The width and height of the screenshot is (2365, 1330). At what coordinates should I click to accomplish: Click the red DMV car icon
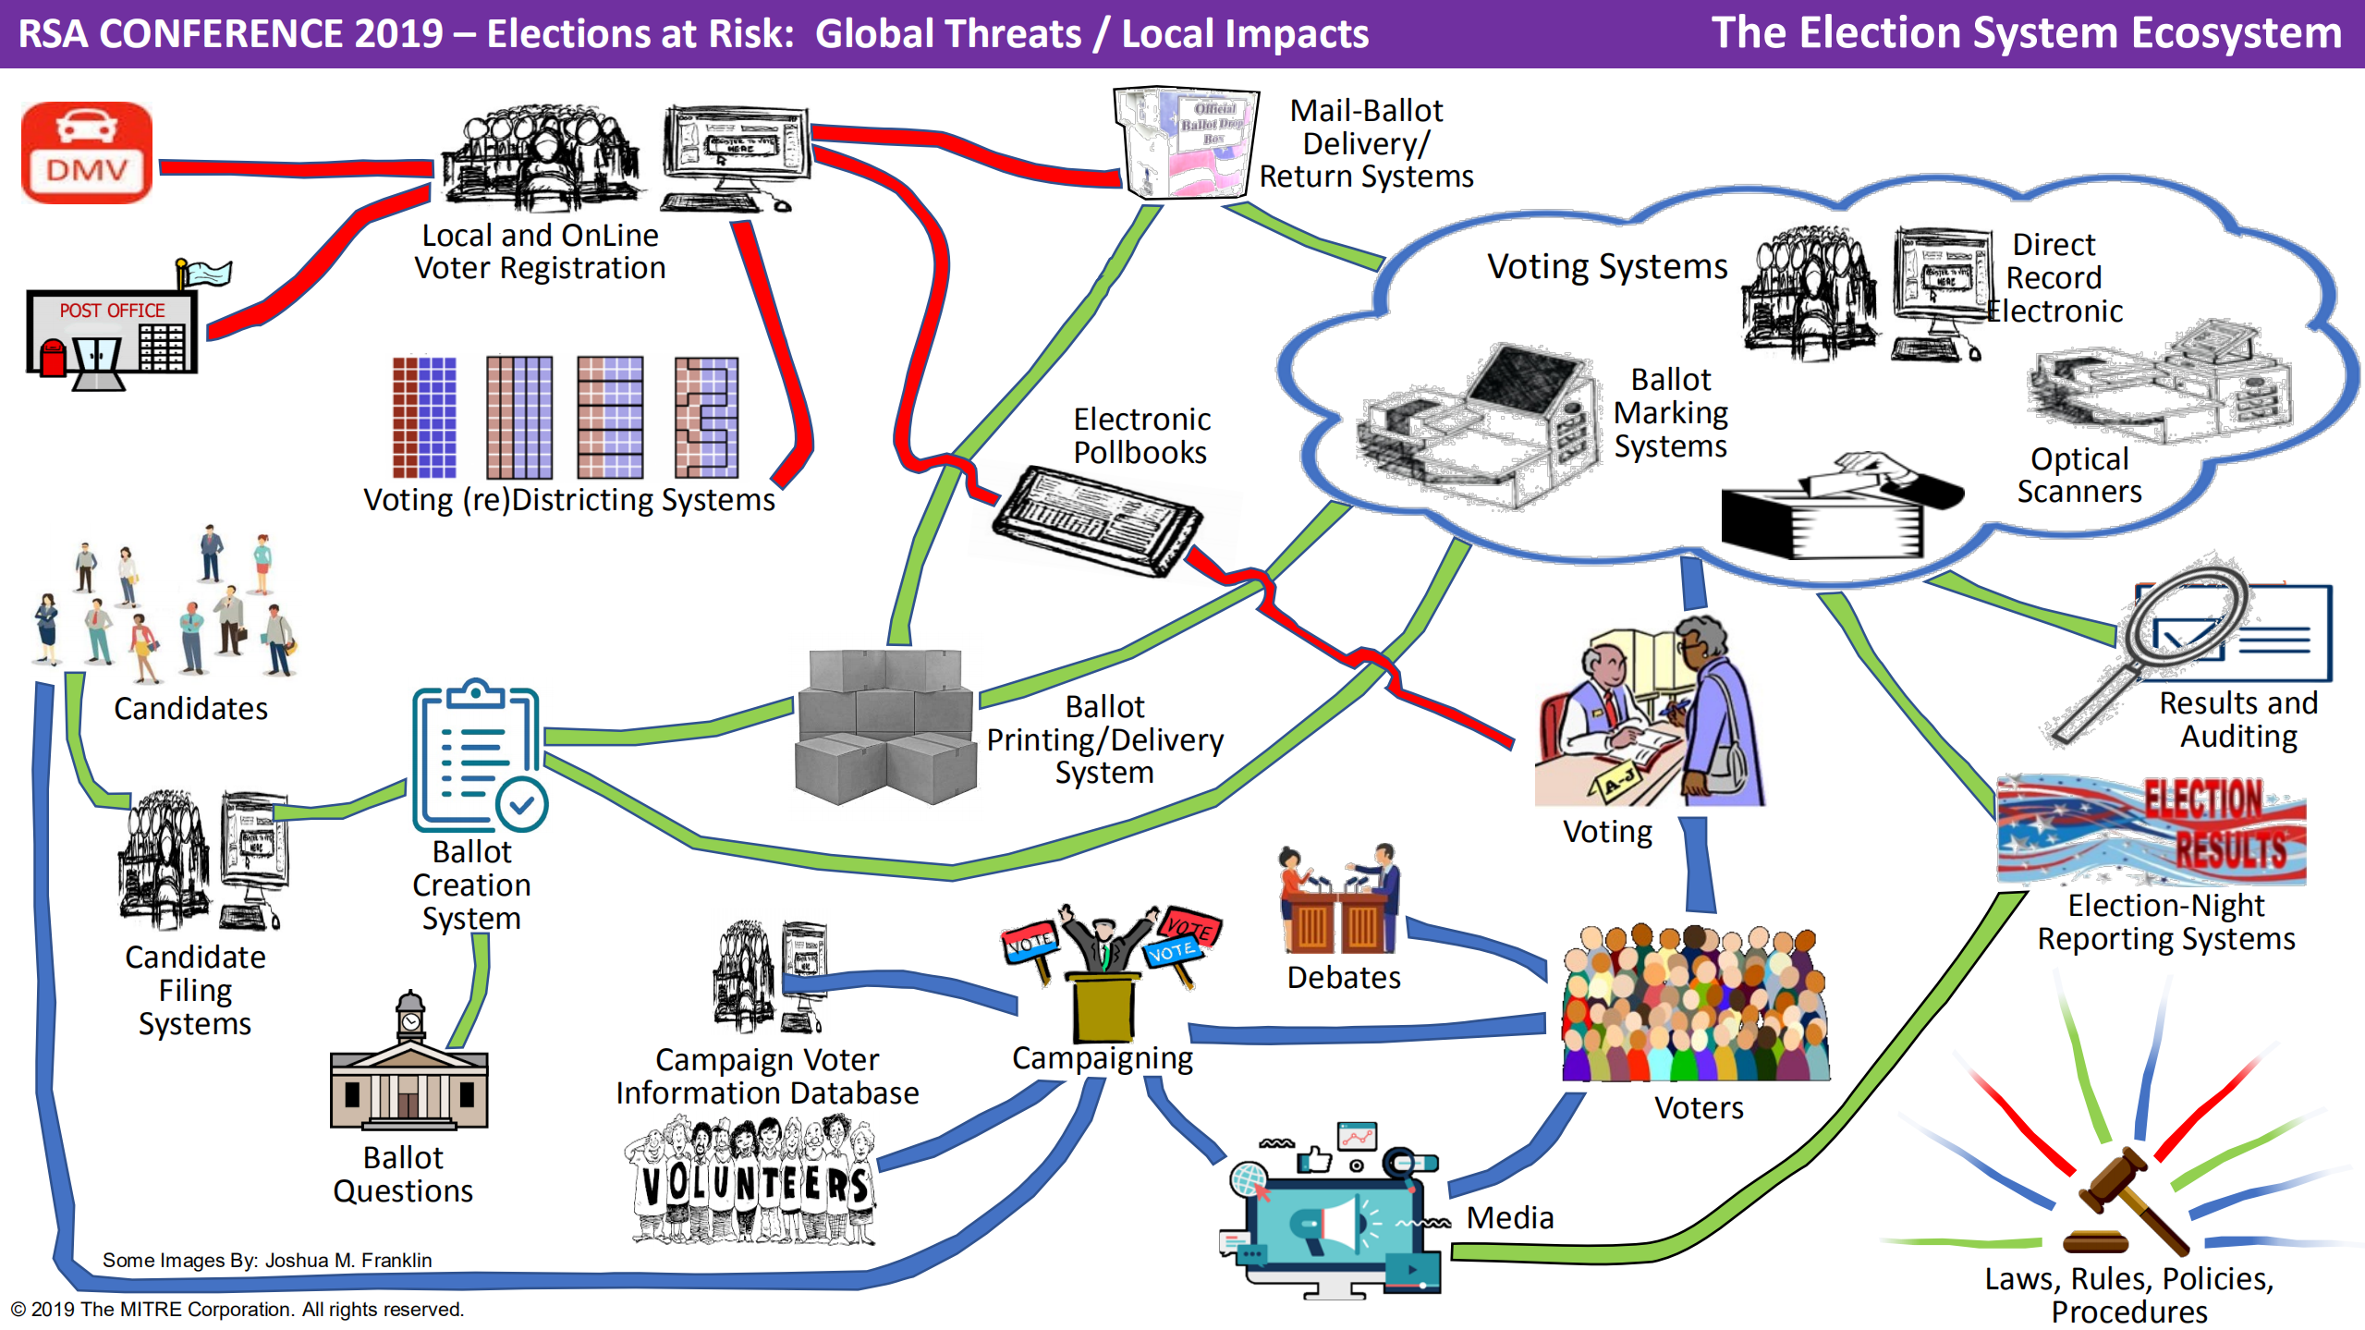click(x=87, y=153)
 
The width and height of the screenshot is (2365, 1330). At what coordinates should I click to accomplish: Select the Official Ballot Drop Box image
click(x=1187, y=142)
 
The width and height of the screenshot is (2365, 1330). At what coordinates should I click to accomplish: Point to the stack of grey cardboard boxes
click(x=884, y=726)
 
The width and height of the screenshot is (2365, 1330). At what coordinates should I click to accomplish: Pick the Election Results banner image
click(x=2152, y=830)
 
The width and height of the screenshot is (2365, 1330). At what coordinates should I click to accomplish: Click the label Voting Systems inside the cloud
click(x=1606, y=267)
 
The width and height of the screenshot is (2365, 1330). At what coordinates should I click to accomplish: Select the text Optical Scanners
click(x=2079, y=475)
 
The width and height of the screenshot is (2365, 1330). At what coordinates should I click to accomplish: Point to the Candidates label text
click(x=190, y=709)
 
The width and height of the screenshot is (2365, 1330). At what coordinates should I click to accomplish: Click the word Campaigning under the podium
click(x=1102, y=1057)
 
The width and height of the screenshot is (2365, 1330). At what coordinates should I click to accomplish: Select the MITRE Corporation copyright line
click(x=237, y=1309)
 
